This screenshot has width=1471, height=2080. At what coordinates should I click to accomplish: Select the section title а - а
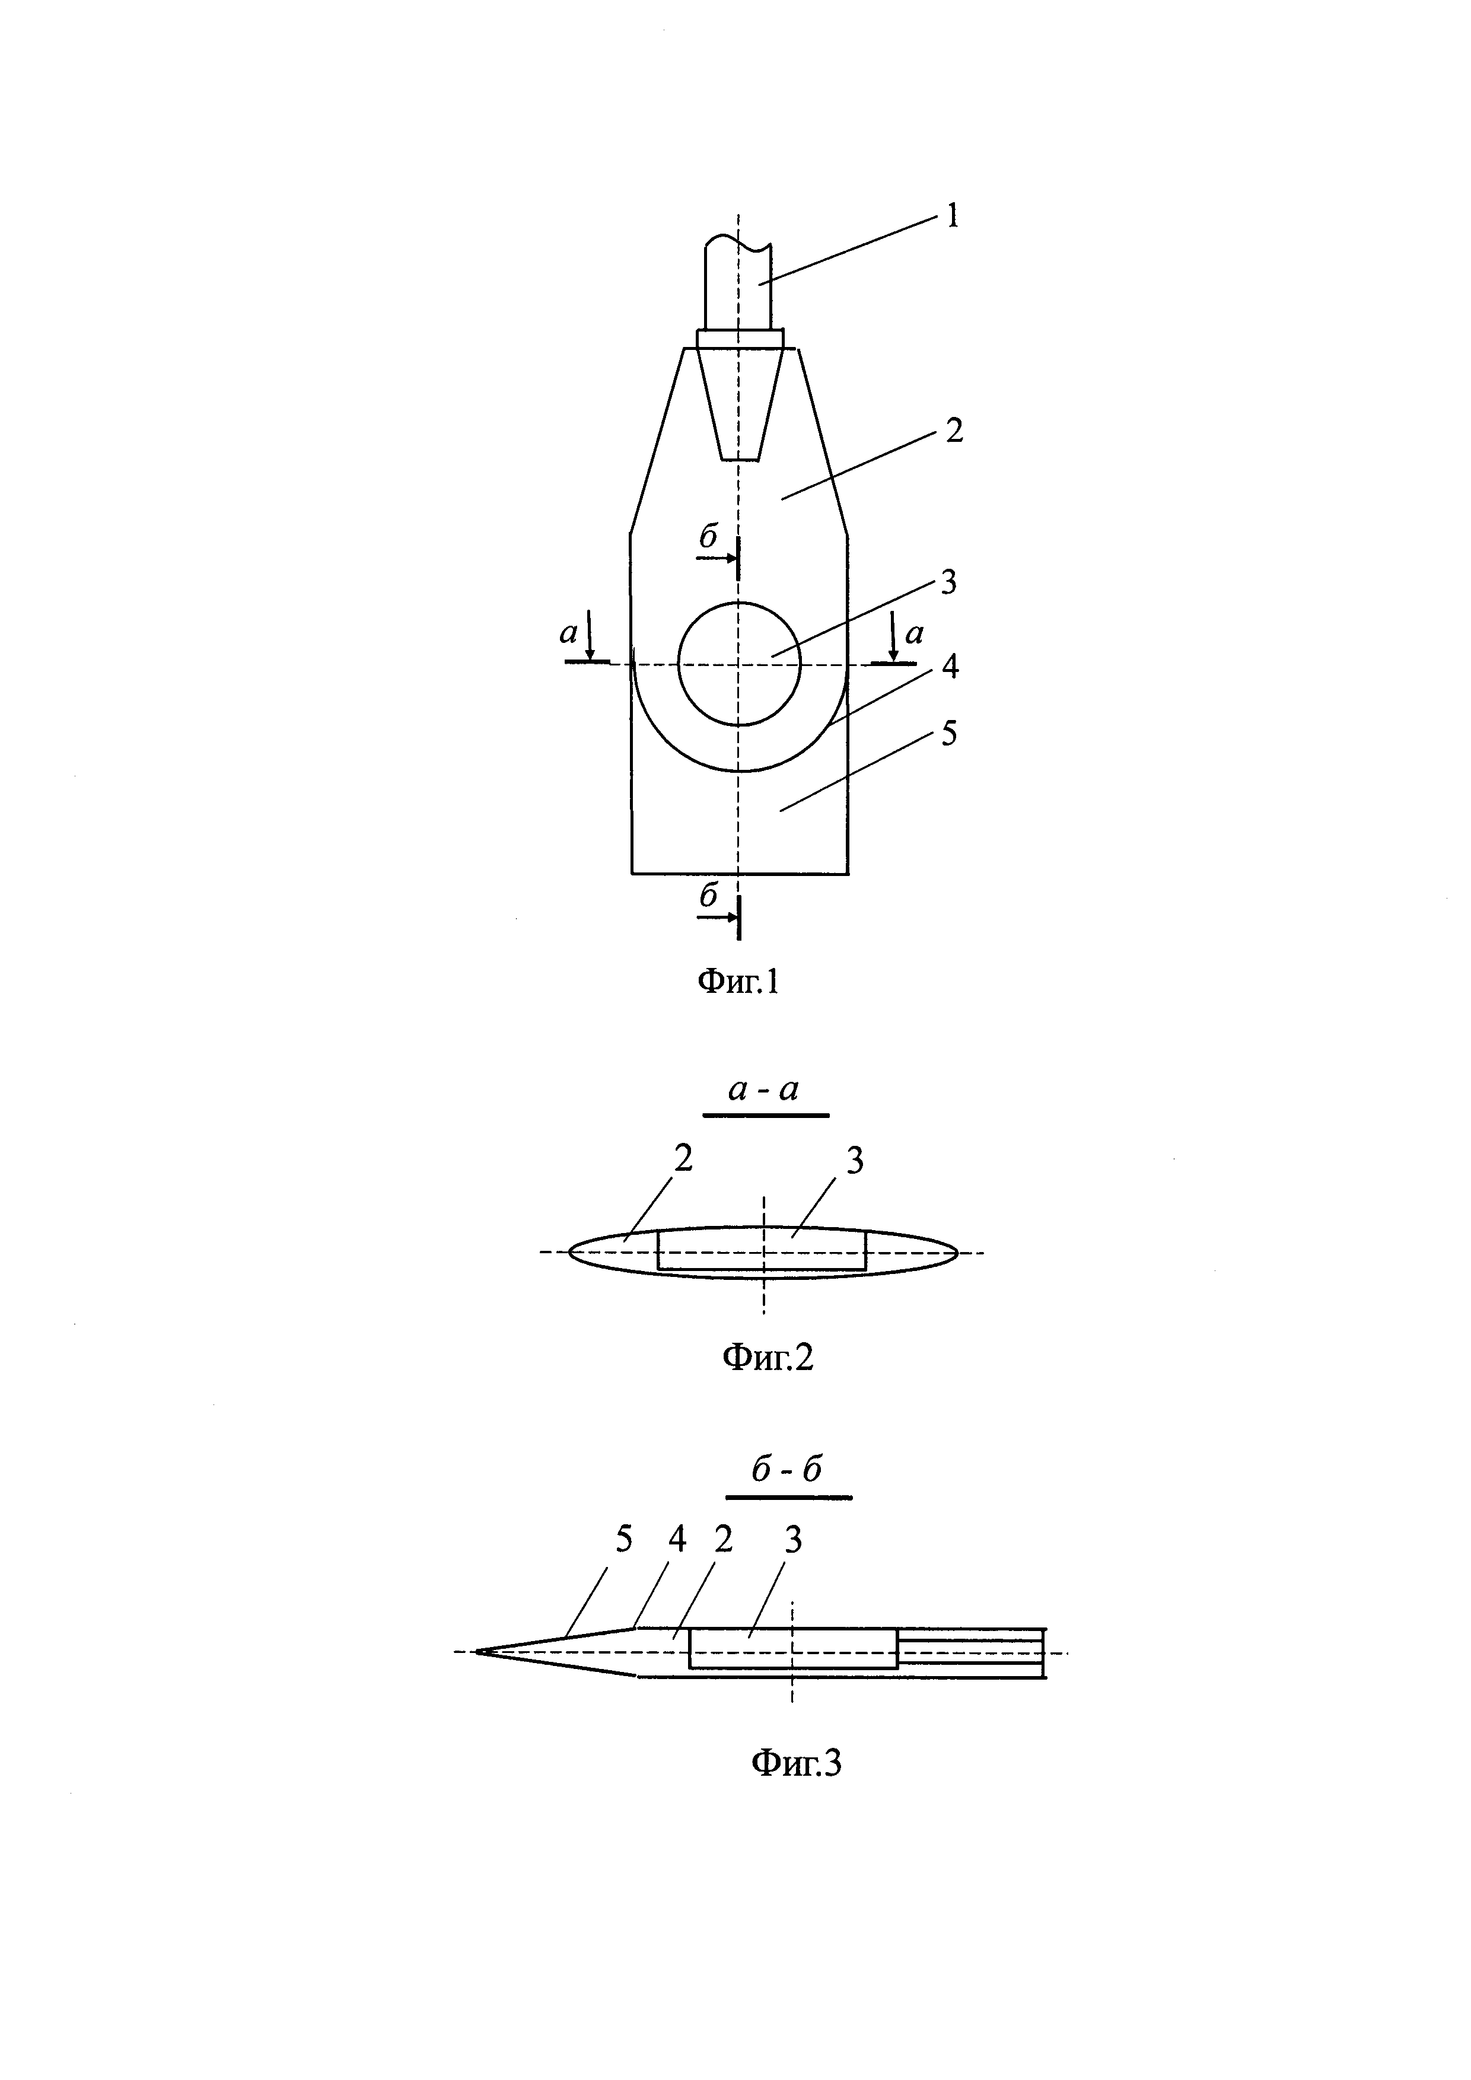point(765,1091)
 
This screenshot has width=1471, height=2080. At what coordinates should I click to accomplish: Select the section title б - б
point(787,1470)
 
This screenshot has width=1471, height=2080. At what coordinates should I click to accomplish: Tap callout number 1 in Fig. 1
point(952,216)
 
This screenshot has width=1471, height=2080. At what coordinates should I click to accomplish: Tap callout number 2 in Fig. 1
point(954,431)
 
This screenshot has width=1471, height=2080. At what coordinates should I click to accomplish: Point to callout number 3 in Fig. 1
point(948,582)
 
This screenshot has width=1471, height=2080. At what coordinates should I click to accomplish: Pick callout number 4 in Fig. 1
point(949,667)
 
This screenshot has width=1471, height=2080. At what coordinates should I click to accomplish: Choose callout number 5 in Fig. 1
point(948,734)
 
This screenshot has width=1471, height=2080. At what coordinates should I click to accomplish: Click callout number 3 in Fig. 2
point(854,1161)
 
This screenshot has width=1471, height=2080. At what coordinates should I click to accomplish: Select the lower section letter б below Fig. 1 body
point(708,896)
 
